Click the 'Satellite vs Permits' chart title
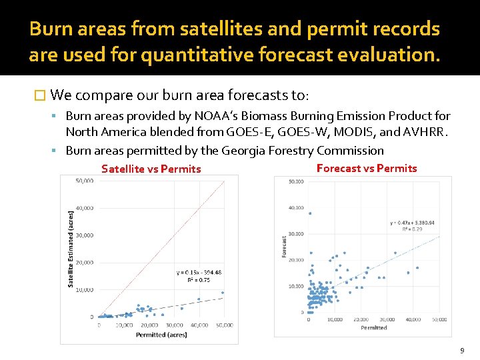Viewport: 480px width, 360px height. pos(151,169)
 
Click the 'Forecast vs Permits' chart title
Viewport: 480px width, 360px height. pos(367,168)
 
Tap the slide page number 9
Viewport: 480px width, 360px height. pos(461,351)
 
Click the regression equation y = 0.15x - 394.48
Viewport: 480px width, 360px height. pos(199,272)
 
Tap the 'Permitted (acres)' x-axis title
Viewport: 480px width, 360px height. pos(161,335)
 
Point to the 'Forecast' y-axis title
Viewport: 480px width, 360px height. pos(284,247)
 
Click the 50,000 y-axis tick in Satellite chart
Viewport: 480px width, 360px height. pos(84,181)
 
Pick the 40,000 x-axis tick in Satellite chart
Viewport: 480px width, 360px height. pos(199,325)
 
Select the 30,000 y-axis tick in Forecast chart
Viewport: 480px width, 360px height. pos(295,234)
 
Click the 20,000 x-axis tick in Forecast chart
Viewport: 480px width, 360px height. pos(361,320)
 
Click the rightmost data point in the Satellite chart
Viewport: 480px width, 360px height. pos(223,293)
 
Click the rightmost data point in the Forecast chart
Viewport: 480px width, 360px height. pos(417,268)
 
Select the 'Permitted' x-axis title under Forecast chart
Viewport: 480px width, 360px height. pos(374,328)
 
